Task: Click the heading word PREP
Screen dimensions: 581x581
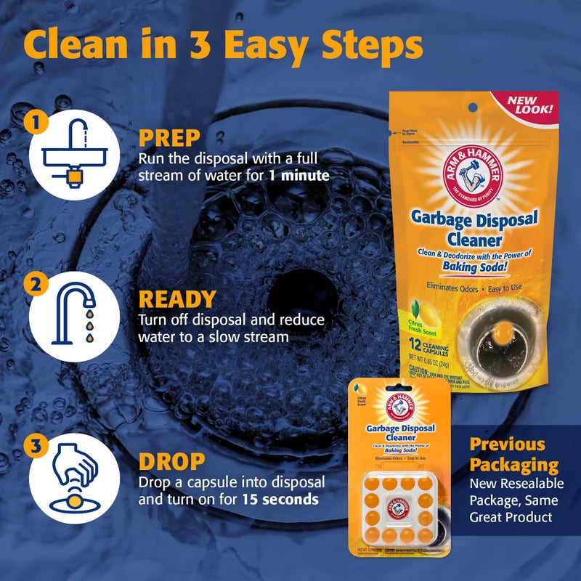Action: point(169,138)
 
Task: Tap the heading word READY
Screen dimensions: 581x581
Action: point(177,298)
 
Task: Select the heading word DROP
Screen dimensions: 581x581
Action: point(171,461)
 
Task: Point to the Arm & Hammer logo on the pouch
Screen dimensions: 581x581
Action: point(473,175)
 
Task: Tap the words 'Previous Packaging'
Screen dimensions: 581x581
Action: point(513,455)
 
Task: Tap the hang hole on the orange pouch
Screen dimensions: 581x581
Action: point(473,107)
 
